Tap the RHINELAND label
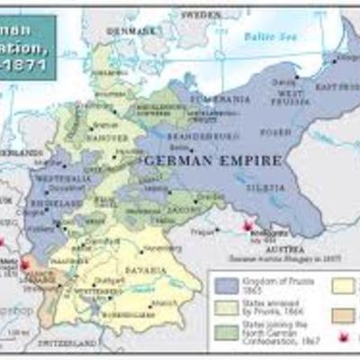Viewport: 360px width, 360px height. click(x=51, y=202)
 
